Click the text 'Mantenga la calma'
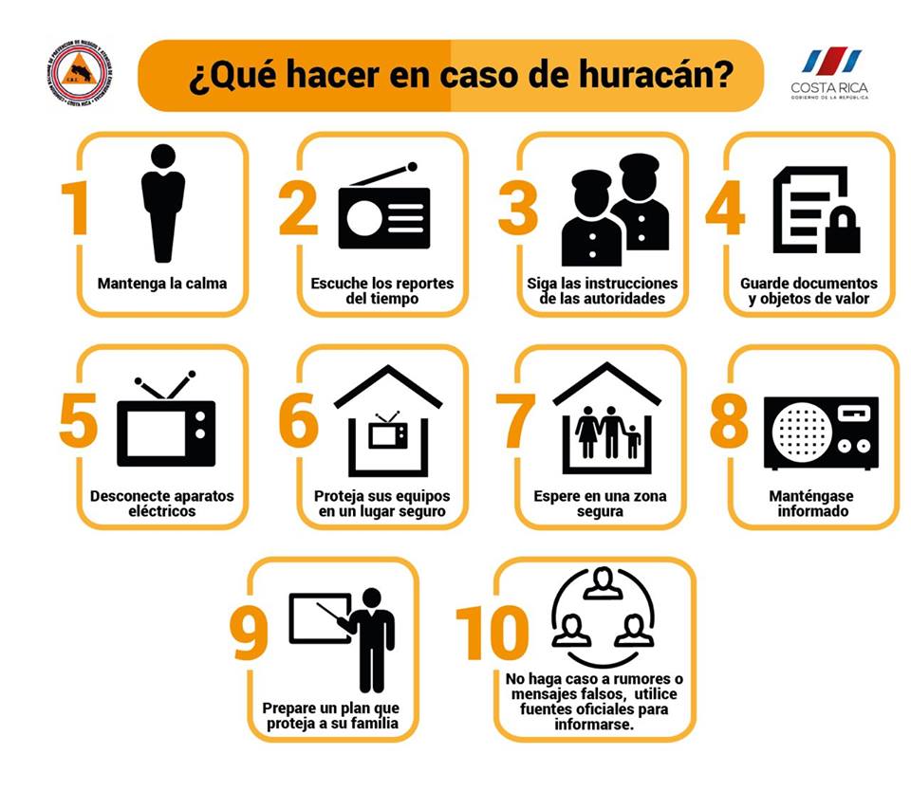point(162,284)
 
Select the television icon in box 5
point(166,425)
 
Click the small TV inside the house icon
point(388,432)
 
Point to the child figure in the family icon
point(633,441)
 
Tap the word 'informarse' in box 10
point(594,725)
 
